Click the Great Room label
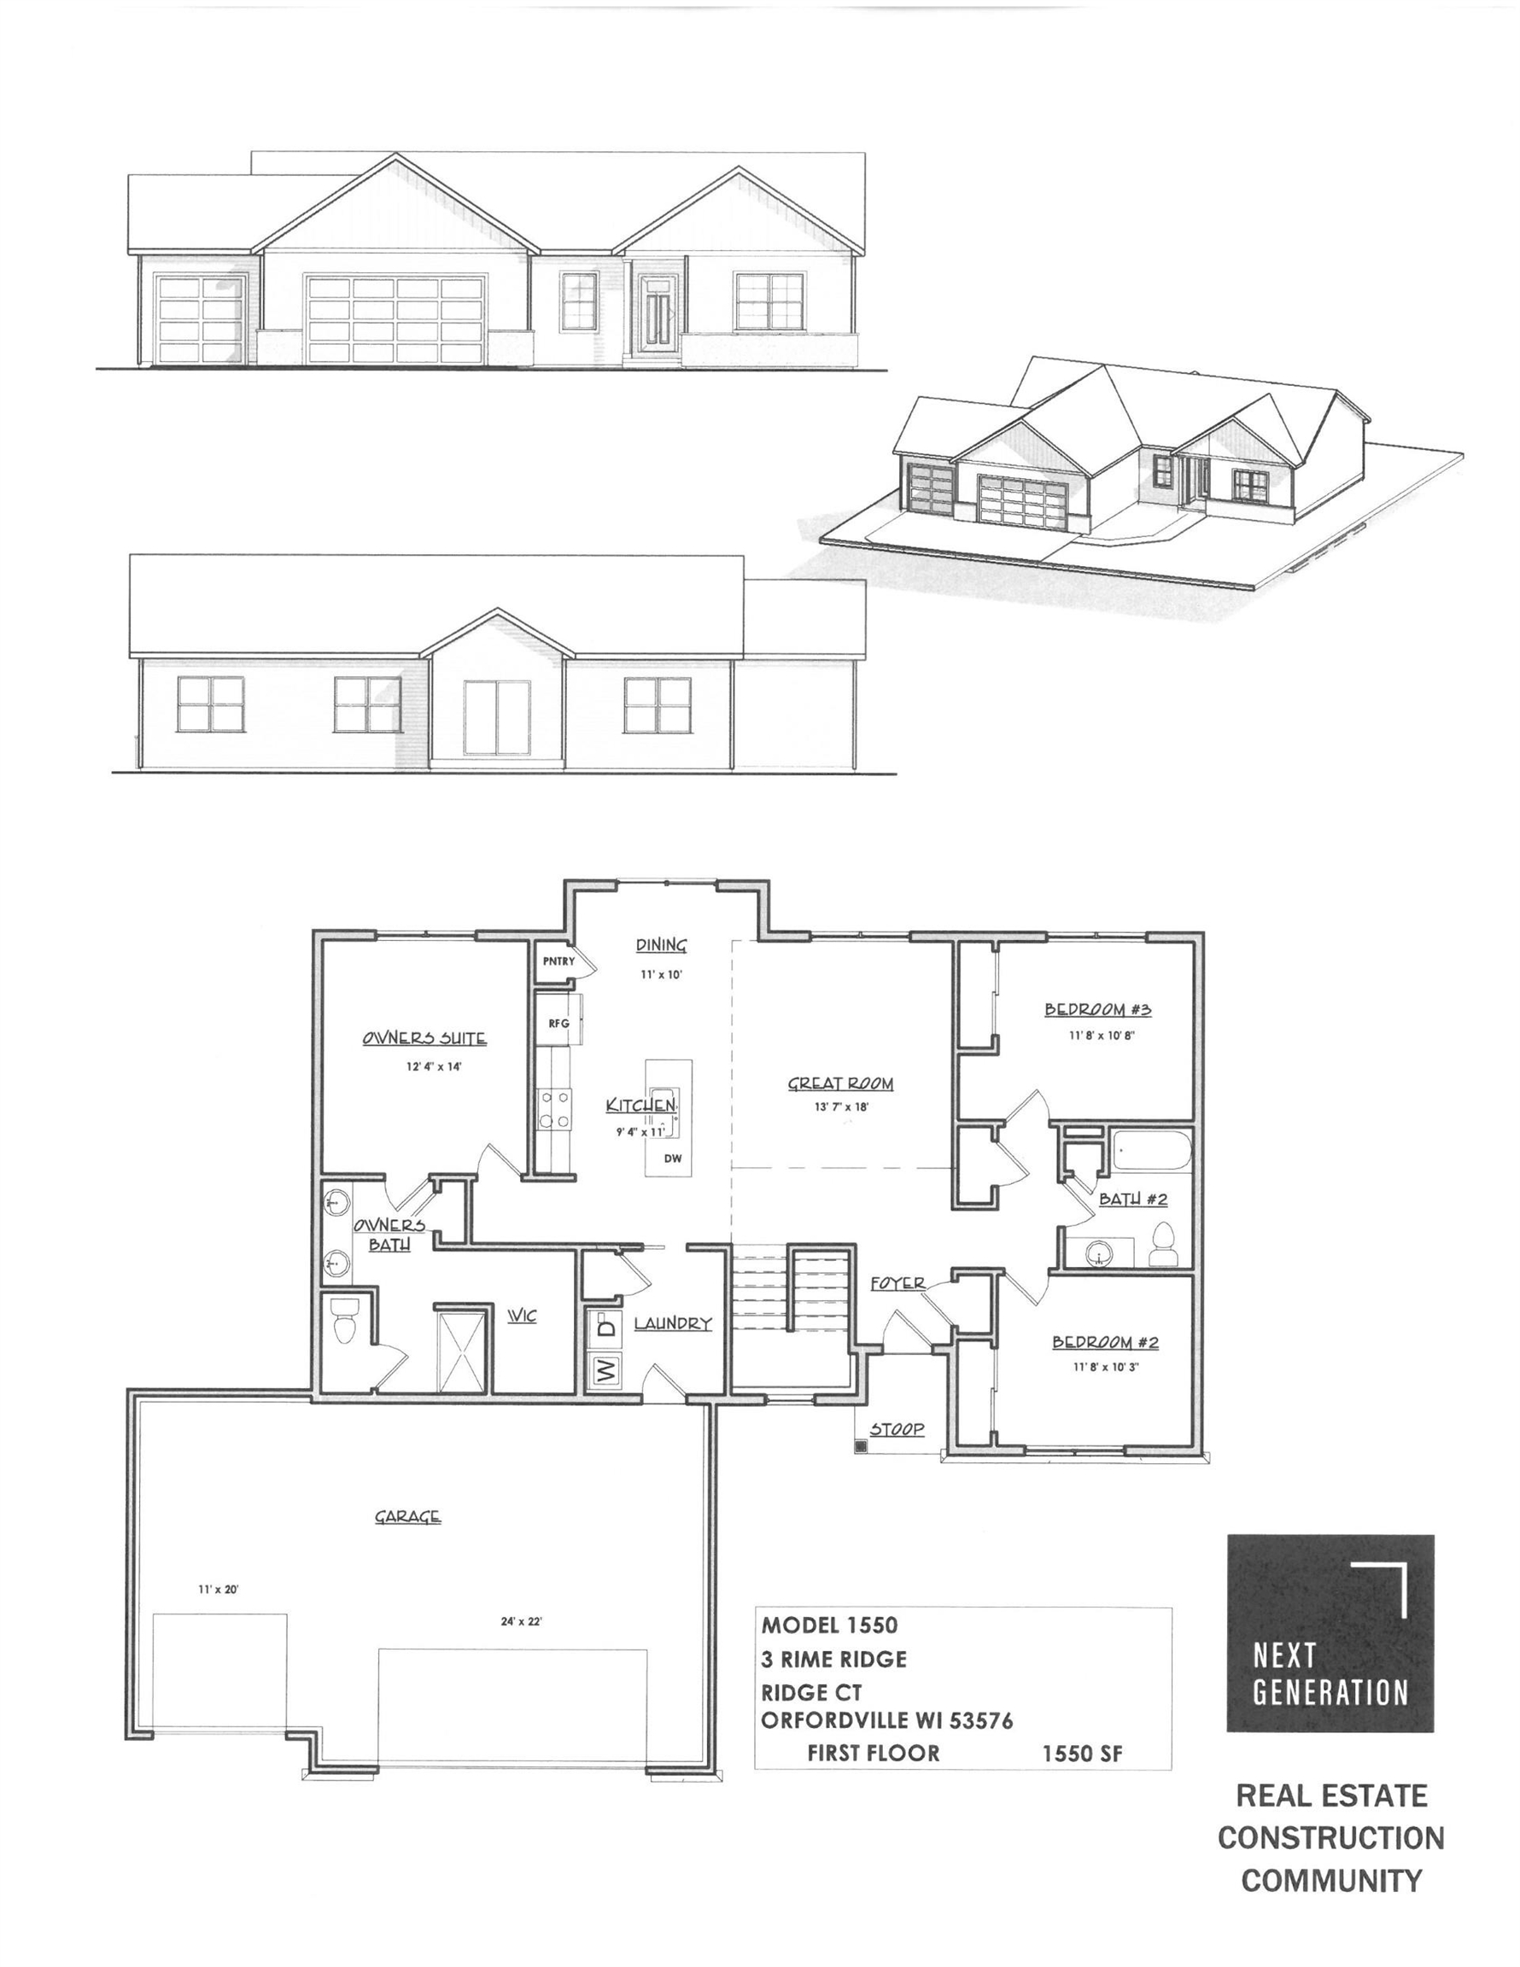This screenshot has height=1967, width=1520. pos(839,1083)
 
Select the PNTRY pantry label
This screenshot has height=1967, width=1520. pos(558,961)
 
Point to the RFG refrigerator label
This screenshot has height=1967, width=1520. pos(558,1023)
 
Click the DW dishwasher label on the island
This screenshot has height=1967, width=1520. pos(672,1159)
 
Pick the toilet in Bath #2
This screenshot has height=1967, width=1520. pos(1163,1244)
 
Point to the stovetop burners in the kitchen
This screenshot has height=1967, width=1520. pos(554,1109)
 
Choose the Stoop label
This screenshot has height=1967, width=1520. pos(897,1428)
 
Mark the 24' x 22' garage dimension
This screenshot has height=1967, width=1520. pos(522,1621)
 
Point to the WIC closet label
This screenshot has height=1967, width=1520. pos(522,1316)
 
